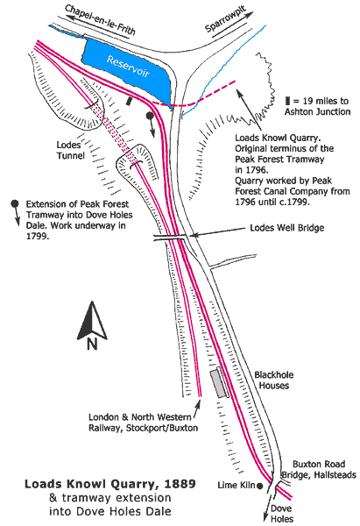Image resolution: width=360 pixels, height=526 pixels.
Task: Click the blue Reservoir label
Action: (128, 67)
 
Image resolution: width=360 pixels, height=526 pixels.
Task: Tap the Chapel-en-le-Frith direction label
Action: (100, 19)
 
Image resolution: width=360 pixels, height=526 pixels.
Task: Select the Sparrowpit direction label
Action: (225, 18)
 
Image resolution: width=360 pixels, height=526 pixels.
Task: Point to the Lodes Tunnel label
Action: (70, 150)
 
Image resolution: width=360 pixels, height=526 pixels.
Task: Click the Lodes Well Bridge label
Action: (287, 228)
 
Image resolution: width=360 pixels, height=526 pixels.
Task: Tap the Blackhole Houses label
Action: (273, 380)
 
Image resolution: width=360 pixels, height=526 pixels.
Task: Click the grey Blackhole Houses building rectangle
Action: (218, 383)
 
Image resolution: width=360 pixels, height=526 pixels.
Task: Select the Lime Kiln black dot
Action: (259, 486)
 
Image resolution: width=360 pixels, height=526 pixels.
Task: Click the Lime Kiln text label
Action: (236, 485)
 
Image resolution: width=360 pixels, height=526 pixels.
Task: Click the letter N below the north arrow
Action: (92, 345)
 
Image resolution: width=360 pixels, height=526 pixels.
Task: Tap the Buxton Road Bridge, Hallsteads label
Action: (319, 469)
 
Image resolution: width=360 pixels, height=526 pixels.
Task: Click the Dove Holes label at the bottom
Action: (281, 513)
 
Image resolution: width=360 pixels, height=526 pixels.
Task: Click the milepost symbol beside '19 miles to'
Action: (287, 101)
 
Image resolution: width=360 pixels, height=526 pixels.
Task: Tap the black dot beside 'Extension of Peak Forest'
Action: (14, 203)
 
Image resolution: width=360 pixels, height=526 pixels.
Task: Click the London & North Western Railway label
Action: (143, 423)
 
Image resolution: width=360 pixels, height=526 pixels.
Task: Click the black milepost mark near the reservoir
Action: (129, 101)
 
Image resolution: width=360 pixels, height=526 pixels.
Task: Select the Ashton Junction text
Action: (317, 111)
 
